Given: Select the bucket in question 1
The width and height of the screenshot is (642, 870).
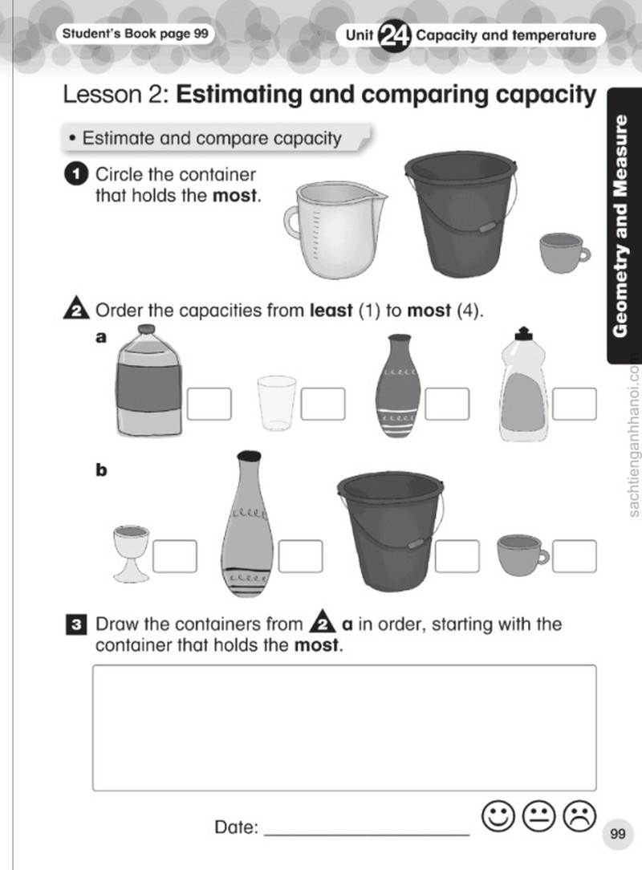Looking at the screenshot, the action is point(461,213).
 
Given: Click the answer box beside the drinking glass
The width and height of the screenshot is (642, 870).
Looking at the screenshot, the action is point(323,404).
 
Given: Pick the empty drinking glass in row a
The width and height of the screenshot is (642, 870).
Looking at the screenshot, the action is point(276,404).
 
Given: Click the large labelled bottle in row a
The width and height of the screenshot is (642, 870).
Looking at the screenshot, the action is point(148,381).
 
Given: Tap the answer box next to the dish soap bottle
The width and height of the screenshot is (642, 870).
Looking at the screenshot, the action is point(575,404).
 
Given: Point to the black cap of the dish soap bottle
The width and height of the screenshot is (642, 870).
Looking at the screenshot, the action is point(523,333).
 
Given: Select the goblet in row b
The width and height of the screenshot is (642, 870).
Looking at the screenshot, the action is point(131,554).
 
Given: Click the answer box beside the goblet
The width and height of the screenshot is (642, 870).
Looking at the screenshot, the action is point(175,556).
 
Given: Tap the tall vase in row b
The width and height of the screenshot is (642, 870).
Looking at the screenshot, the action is point(246,524).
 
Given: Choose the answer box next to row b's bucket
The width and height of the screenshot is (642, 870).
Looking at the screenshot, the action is point(457,556).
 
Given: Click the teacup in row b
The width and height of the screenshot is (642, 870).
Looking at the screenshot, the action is point(522,555).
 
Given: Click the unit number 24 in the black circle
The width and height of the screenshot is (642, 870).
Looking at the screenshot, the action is point(394,36).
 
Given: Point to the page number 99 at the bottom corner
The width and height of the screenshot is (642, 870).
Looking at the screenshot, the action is point(618,834).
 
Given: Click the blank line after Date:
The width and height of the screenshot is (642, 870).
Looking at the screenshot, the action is point(367,834).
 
